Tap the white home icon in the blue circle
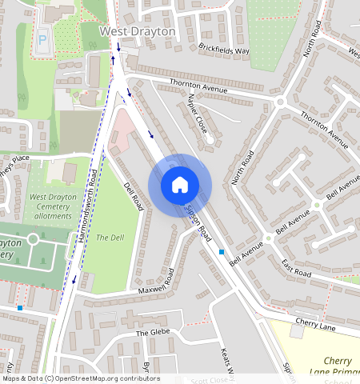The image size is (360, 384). pos(180,185)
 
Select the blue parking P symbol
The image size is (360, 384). pos(42,37)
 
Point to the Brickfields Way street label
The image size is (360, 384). pos(225,50)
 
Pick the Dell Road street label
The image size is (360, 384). pos(133,196)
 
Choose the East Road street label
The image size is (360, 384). pos(296,268)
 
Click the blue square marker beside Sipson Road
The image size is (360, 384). pos(222,252)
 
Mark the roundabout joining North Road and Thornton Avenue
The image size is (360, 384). pos(281,102)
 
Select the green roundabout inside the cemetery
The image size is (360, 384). pos(34,239)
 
